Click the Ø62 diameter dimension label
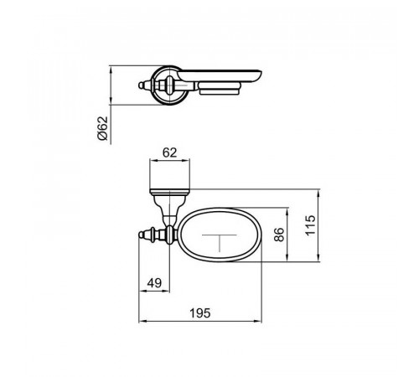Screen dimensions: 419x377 click(103, 128)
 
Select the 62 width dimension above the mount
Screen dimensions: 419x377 click(170, 153)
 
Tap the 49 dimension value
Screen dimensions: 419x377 click(154, 283)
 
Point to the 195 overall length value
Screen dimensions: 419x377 click(200, 313)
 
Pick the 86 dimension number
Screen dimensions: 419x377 click(278, 235)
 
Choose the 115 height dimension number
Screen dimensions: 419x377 click(310, 225)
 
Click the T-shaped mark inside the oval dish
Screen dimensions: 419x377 click(220, 242)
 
